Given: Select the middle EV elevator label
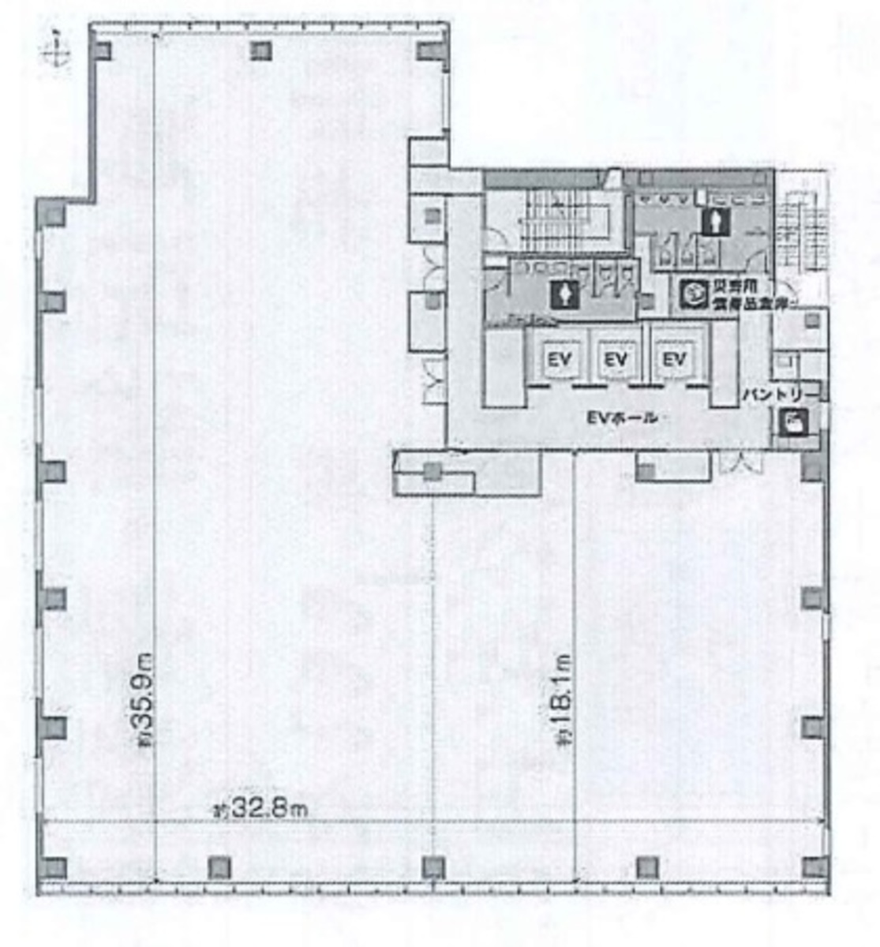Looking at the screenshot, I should pos(616,360).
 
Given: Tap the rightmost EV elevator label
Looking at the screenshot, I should pos(673,360).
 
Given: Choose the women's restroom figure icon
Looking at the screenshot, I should pos(567,294).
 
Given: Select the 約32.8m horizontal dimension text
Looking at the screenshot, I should pos(260,808).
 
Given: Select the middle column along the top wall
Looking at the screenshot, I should pos(261,51).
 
